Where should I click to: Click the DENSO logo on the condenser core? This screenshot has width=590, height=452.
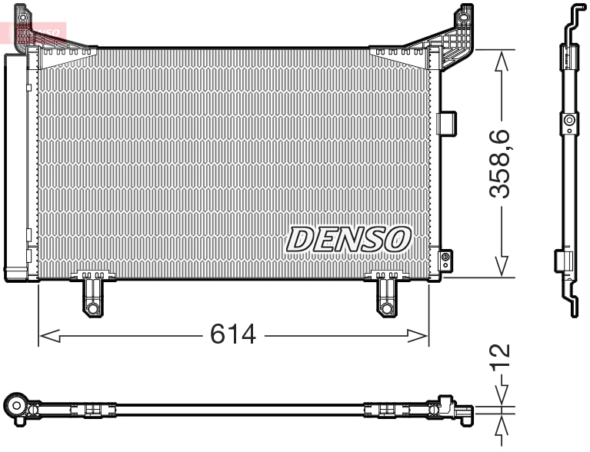click(348, 239)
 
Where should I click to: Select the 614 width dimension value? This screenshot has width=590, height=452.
click(233, 334)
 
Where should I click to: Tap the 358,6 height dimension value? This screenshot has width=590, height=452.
click(502, 164)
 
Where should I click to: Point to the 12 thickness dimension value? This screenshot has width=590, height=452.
click(501, 356)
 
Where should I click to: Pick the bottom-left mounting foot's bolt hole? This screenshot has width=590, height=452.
click(92, 308)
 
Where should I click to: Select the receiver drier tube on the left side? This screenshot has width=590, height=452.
click(16, 165)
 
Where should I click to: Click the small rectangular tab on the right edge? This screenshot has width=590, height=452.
click(447, 122)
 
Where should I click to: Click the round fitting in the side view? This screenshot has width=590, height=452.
click(569, 121)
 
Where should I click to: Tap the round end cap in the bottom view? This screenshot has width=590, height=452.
click(15, 404)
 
